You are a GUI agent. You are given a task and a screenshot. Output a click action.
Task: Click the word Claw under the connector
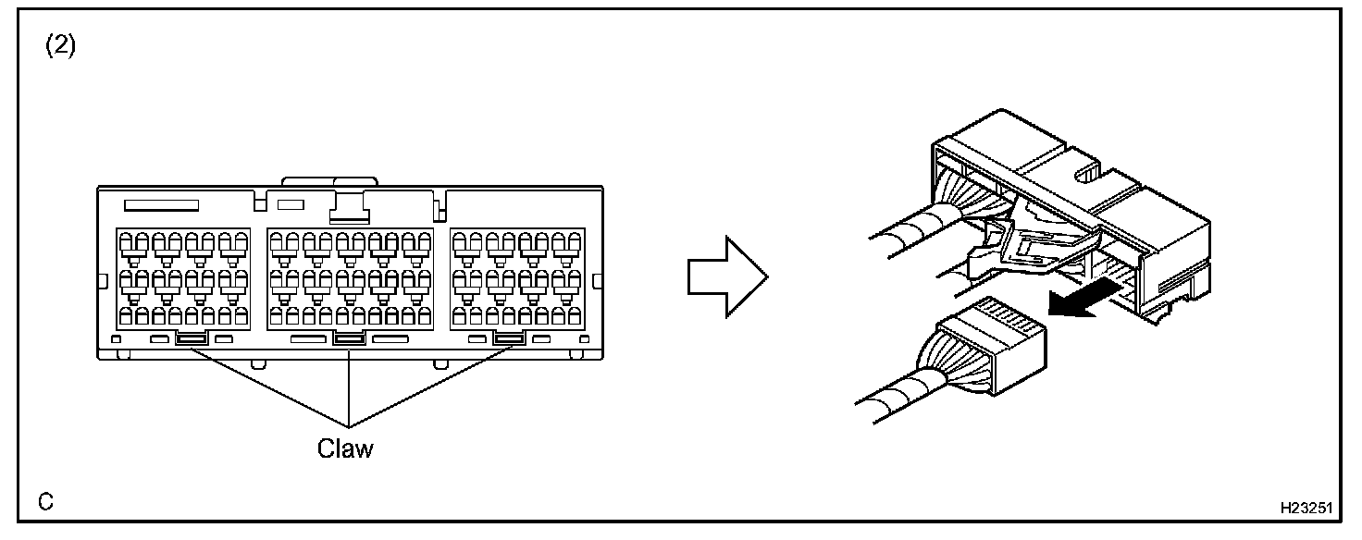coord(345,448)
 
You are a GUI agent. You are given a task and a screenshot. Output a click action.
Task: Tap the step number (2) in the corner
coord(60,47)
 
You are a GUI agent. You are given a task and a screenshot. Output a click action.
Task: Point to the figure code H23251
coord(1306,509)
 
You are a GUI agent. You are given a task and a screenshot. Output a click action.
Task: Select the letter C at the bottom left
coord(45,502)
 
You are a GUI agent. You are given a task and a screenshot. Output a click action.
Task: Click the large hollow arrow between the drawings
coord(727,276)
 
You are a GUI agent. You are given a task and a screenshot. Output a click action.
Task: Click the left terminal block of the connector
coord(183,277)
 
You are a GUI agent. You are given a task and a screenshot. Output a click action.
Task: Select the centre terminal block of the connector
coord(349,277)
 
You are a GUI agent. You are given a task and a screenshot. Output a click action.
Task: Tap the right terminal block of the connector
coord(518,277)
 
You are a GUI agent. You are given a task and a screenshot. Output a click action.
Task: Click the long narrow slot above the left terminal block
coord(161,202)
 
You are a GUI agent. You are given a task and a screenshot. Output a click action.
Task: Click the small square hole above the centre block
coord(291,202)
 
